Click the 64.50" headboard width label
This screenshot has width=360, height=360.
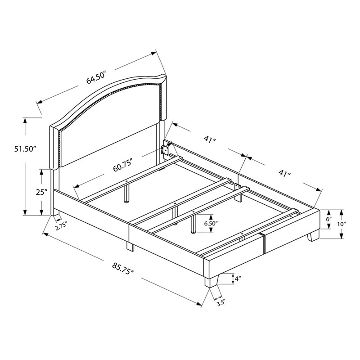click(96, 77)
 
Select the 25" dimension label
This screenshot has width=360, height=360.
click(41, 192)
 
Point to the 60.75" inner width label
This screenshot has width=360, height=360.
click(123, 164)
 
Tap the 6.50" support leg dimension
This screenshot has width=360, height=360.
click(211, 223)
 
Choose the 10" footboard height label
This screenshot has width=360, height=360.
click(342, 224)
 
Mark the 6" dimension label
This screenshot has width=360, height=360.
click(329, 219)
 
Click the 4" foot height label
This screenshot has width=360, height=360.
click(238, 279)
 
